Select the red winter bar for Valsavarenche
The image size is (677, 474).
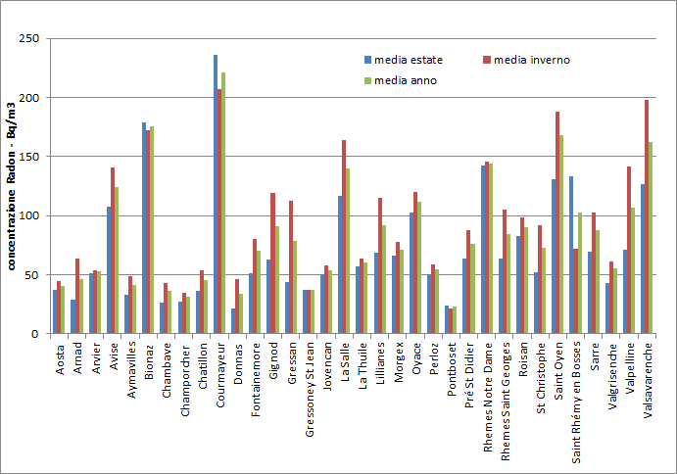pos(647,216)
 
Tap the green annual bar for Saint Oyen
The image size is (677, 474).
pos(561,234)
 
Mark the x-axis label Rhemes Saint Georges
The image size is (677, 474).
pos(505,401)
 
